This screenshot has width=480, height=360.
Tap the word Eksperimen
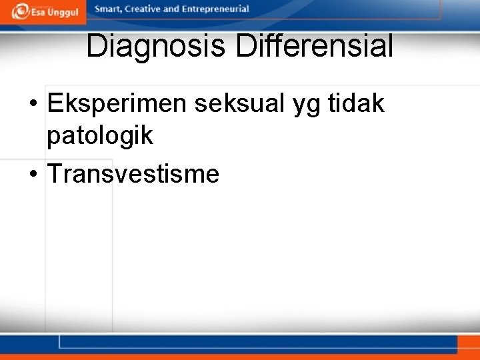(117, 104)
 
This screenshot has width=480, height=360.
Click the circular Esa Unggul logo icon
(21, 11)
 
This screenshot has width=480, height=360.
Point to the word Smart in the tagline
(109, 9)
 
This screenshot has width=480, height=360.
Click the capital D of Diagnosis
(95, 47)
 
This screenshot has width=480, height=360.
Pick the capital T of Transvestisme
(54, 173)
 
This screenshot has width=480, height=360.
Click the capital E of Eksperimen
(55, 104)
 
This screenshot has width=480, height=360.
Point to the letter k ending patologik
(148, 136)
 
